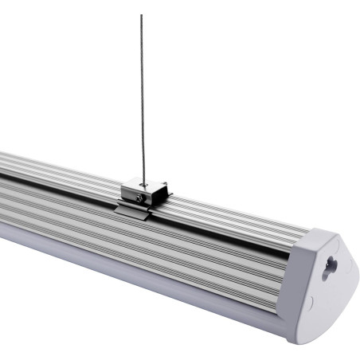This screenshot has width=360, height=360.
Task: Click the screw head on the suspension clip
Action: pyautogui.click(x=140, y=197)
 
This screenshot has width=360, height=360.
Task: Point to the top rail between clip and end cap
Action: pyautogui.click(x=239, y=219)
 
